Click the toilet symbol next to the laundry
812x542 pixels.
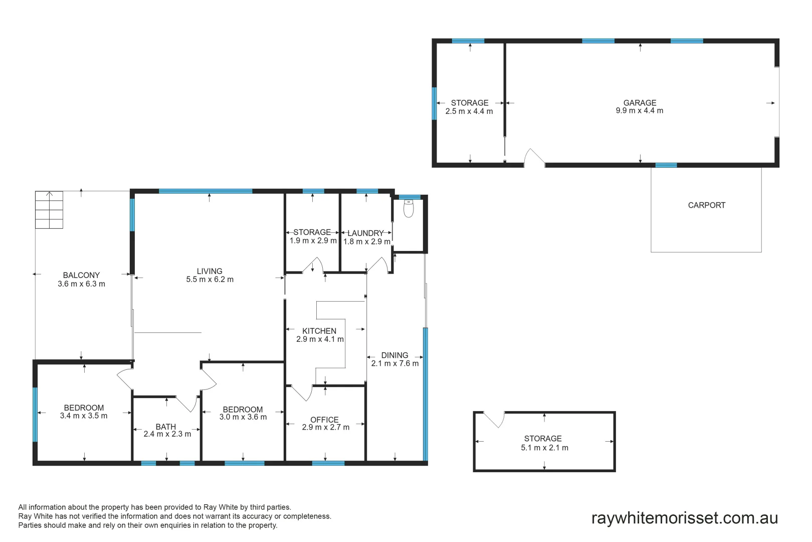[409, 209]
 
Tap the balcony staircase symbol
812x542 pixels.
[49, 210]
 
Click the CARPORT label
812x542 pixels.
[706, 205]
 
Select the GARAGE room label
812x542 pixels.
[640, 102]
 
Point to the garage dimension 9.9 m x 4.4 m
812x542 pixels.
[639, 111]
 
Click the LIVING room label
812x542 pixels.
[210, 271]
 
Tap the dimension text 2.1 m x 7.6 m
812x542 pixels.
[394, 363]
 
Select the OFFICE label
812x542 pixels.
[324, 420]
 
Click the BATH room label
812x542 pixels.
[165, 427]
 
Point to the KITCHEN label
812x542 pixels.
[319, 331]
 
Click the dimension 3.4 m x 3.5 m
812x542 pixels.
[84, 416]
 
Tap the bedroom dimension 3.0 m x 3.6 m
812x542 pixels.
[243, 417]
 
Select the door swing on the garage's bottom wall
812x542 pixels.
[534, 157]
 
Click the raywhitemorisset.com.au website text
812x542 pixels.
[684, 518]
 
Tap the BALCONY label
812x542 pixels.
[81, 275]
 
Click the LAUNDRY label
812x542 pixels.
[365, 233]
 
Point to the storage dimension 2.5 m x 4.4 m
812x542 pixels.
[469, 111]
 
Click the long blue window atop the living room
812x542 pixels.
[206, 191]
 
